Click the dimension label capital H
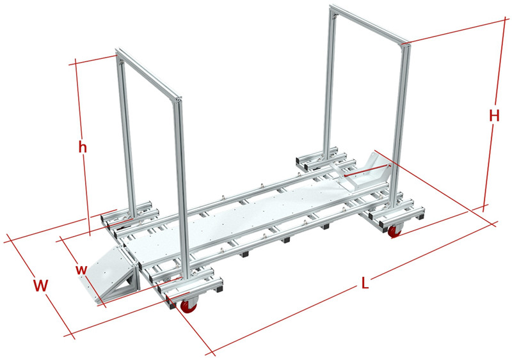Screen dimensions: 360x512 pyautogui.click(x=493, y=116)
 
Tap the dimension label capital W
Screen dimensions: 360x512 pyautogui.click(x=41, y=286)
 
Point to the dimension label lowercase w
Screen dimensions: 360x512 pyautogui.click(x=81, y=269)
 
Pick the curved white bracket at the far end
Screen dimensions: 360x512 pyautogui.click(x=365, y=171)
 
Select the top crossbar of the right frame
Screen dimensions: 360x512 pyautogui.click(x=368, y=26)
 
